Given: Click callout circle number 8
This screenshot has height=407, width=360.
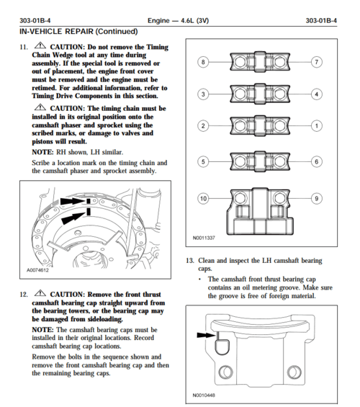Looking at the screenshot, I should [204, 63].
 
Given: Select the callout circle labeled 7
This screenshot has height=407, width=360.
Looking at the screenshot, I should [316, 63].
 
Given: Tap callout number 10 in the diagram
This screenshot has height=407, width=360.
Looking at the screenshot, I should [204, 197].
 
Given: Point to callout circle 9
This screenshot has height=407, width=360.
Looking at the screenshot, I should [316, 197].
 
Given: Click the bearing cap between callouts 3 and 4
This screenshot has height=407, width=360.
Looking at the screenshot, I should [259, 94].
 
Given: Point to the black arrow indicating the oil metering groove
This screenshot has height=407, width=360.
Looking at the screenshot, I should [204, 334].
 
